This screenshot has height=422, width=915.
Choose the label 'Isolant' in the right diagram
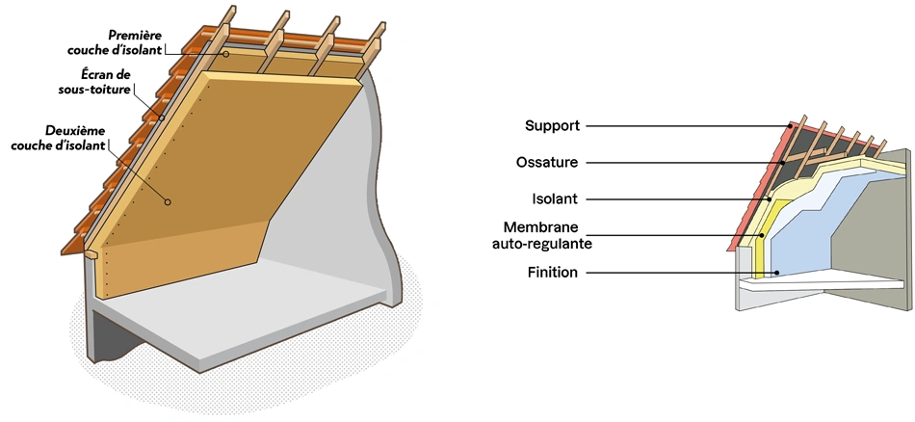click(x=554, y=199)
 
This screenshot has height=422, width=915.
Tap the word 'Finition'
click(x=553, y=273)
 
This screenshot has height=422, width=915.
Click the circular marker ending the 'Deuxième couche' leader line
click(x=168, y=202)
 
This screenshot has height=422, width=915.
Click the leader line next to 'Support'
click(x=674, y=126)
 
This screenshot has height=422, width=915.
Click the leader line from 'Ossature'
click(x=674, y=163)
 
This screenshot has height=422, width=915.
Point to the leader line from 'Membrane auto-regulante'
click(x=674, y=234)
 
